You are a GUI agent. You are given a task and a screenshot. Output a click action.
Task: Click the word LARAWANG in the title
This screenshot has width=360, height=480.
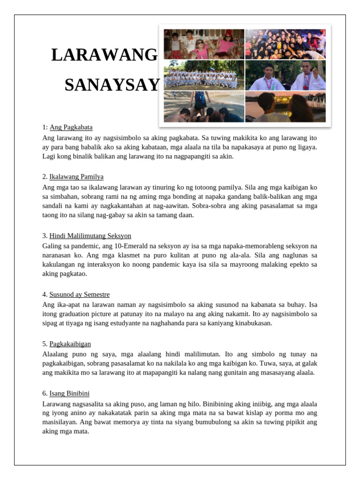[x=105, y=55]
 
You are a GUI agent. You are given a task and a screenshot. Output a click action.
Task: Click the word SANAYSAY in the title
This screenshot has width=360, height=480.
[x=112, y=85]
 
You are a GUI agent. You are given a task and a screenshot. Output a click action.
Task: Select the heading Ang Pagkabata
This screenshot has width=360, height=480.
[x=71, y=127]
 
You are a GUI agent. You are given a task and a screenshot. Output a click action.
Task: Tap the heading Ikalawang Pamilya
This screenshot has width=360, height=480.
[x=76, y=177]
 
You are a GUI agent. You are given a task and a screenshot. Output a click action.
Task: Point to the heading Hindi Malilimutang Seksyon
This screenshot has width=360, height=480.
[x=90, y=236]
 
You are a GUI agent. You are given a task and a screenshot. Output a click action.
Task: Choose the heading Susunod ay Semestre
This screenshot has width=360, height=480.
[x=79, y=294]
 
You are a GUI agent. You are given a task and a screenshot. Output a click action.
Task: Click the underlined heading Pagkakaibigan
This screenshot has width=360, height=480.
[x=70, y=344]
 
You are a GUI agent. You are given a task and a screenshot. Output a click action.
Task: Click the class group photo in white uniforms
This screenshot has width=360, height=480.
[x=204, y=75]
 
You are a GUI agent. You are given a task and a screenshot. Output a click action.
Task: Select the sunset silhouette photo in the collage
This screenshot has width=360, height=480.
[x=285, y=106]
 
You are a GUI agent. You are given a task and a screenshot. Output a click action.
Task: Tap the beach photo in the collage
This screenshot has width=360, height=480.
[x=204, y=106]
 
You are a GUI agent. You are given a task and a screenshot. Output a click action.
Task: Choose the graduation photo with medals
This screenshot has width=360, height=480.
[x=285, y=75]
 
